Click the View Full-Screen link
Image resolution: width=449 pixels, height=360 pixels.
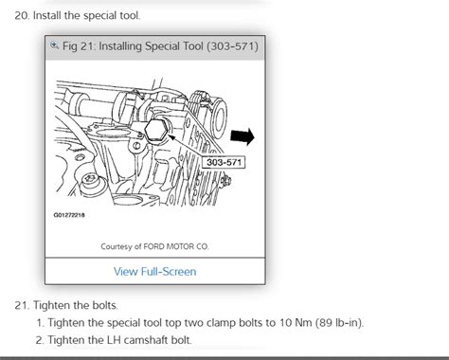[x=154, y=272]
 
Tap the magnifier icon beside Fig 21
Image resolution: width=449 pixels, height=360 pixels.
[x=54, y=45]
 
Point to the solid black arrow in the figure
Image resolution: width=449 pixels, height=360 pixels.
[x=242, y=136]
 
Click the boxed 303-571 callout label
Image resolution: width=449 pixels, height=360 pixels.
[x=224, y=162]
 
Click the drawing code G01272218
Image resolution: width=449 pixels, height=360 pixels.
[x=69, y=215]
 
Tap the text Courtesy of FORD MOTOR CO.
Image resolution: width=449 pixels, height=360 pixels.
[x=154, y=246]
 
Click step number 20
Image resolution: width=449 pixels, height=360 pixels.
[x=22, y=15]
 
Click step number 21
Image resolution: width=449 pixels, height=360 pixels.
[x=22, y=305]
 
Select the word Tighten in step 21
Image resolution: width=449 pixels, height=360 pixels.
[x=52, y=305]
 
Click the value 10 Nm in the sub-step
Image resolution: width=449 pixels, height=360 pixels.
[x=295, y=323]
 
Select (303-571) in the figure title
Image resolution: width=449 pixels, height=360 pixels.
[x=233, y=46]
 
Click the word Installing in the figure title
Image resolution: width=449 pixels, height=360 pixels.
[x=120, y=46]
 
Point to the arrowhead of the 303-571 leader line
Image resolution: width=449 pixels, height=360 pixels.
[x=171, y=137]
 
